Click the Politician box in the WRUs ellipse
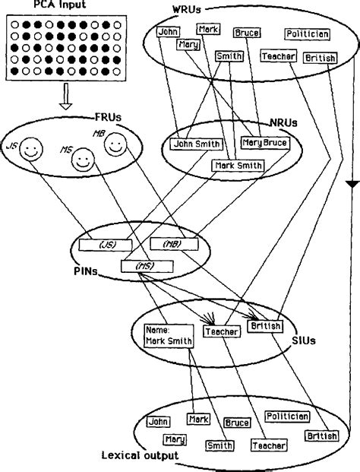point(307,34)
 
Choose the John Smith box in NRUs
point(196,144)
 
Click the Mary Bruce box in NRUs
point(263,141)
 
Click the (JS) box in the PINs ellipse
point(106,245)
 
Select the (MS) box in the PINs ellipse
point(147,267)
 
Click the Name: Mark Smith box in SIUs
point(167,336)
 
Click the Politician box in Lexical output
point(287,416)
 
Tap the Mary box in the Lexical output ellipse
point(175,439)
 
